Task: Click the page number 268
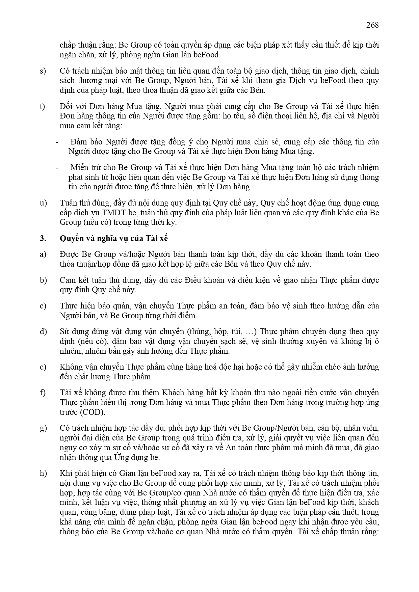coord(372,25)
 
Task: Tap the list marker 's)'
coord(43,71)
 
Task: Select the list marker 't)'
coord(42,107)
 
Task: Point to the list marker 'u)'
coord(43,203)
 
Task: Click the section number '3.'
coord(43,238)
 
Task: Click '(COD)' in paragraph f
coord(93,412)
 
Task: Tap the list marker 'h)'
coord(43,473)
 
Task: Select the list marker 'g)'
coord(43,428)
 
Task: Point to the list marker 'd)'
coord(43,331)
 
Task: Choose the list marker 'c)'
coord(43,306)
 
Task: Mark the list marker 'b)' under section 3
coord(43,280)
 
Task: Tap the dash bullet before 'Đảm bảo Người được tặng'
coord(57,142)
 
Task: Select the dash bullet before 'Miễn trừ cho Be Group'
coord(57,168)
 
